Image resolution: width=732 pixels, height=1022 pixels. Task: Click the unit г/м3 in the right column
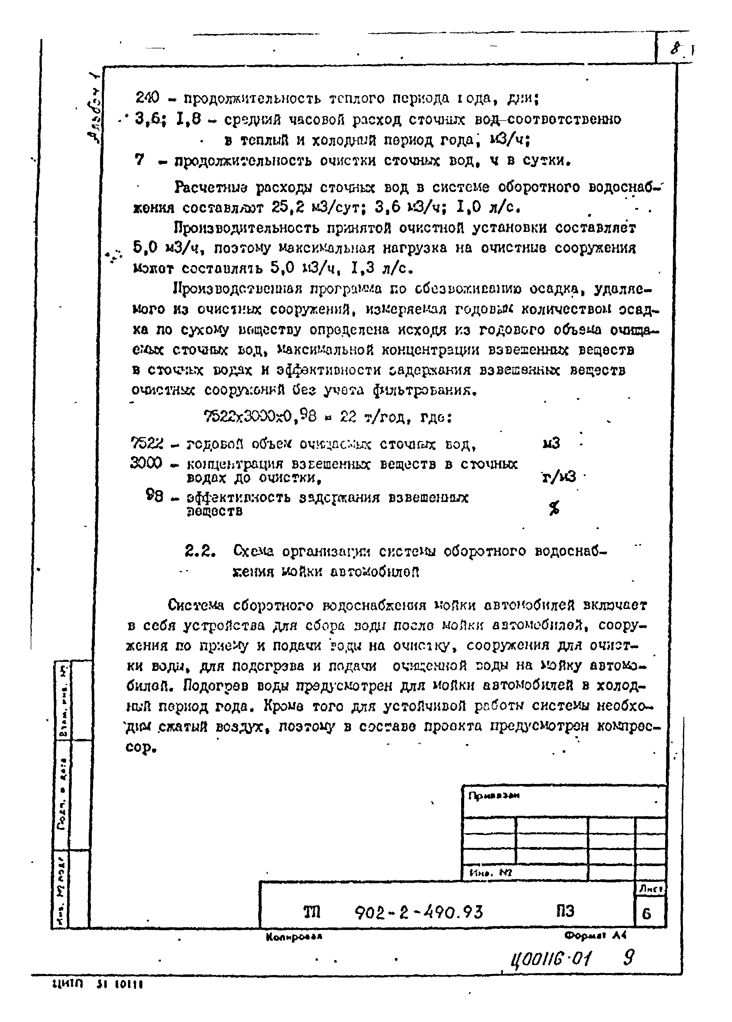559,476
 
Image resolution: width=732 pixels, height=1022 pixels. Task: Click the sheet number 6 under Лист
647,913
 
